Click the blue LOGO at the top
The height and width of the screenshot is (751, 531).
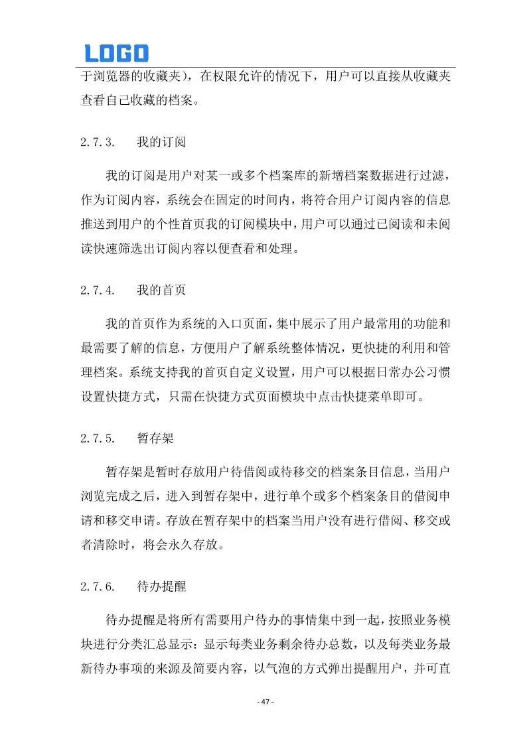[116, 53]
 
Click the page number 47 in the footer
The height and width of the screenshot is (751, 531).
[265, 702]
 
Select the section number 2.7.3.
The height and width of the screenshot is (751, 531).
[98, 142]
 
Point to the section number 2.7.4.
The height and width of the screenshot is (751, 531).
[98, 290]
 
